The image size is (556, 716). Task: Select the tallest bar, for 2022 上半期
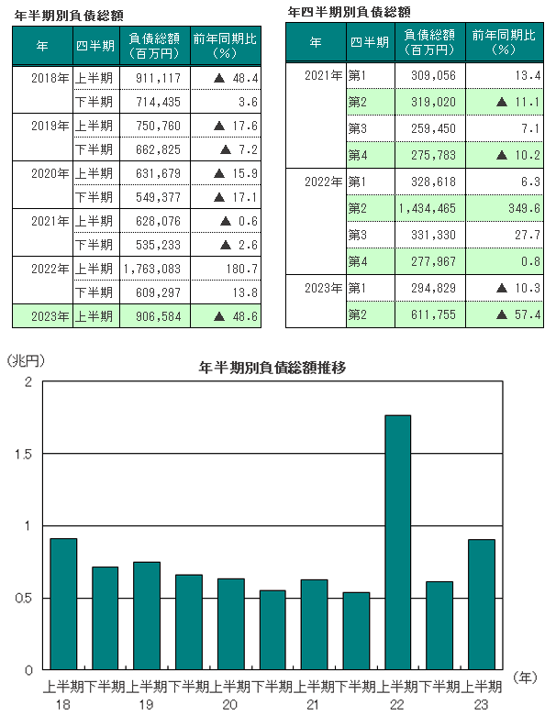(398, 541)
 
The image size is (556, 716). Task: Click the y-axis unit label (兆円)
(25, 361)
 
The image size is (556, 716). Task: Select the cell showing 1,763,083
(151, 269)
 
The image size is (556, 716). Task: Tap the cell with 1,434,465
(428, 209)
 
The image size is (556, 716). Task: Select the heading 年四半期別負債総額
(349, 12)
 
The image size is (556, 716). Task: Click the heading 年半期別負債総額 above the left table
(69, 16)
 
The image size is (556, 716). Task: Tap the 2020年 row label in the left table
(44, 173)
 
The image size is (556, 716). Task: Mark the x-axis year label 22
(397, 703)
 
